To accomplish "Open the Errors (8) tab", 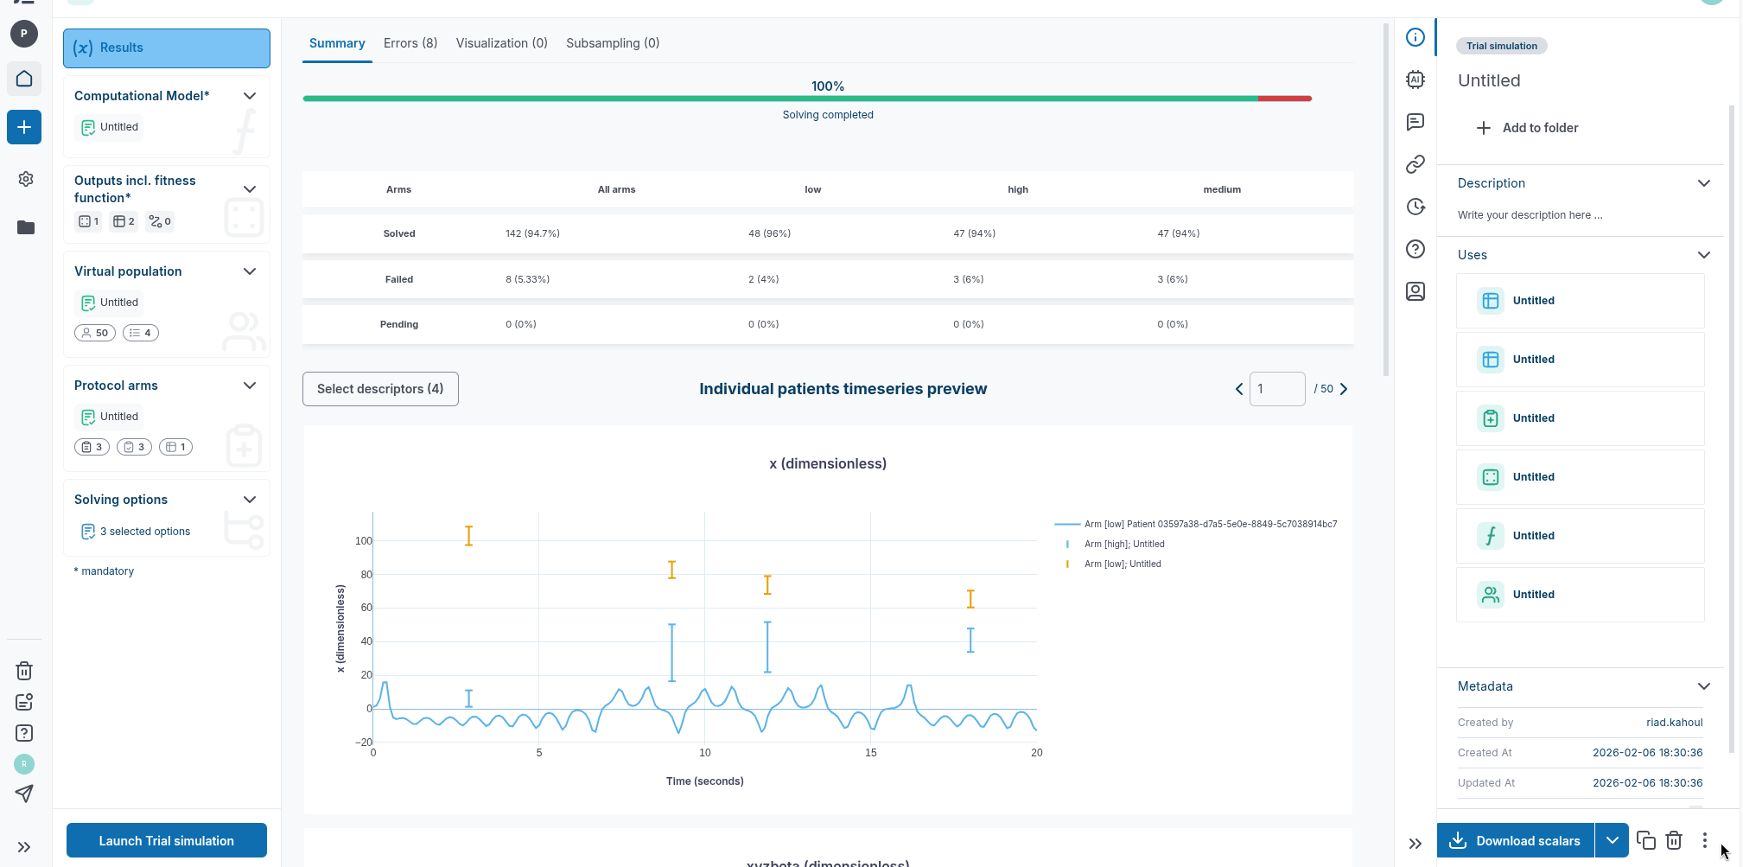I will coord(410,43).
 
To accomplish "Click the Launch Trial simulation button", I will coord(166,840).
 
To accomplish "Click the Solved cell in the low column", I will coord(769,233).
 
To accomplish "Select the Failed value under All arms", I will coord(527,279).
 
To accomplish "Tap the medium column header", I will coord(1221,189).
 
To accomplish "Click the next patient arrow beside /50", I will coord(1344,389).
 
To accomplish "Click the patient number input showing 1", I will coord(1276,389).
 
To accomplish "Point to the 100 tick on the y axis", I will coord(363,541).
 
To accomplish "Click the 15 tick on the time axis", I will coord(871,753).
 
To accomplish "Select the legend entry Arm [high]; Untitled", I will coord(1123,545).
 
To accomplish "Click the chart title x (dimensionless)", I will coord(828,464).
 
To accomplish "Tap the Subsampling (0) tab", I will coord(613,43).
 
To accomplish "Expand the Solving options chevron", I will coord(250,500).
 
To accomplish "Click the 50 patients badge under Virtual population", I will coord(95,333).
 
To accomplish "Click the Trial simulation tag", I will coord(1501,46).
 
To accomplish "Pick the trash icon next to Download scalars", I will coord(1674,840).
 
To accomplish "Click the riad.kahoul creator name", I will coord(1674,723).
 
